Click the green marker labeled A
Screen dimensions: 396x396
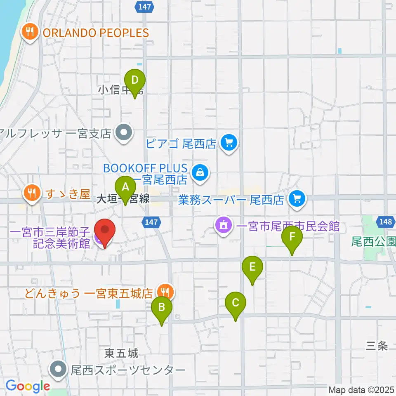pos(125,188)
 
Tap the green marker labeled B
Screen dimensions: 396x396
pos(162,308)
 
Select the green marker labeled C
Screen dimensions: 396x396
pos(236,304)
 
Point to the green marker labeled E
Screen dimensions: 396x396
pos(252,268)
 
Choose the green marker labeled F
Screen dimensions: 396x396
pos(292,238)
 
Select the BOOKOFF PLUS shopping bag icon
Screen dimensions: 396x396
pos(200,172)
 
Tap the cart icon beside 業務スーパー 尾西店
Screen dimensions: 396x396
pos(296,199)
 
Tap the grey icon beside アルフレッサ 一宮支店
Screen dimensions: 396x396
pos(123,133)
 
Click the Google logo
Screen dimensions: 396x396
pos(28,387)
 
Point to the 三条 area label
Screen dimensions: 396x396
pos(377,346)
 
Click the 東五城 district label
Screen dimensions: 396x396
pos(121,354)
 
